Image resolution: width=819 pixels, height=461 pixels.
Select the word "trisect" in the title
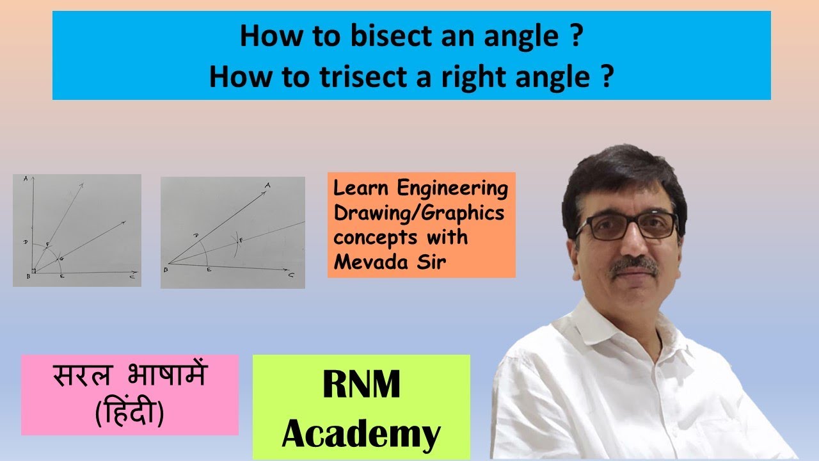368,77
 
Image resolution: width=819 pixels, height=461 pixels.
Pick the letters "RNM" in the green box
362,386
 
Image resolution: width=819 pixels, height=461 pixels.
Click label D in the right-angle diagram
24,243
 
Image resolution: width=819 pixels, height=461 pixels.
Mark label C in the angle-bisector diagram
291,275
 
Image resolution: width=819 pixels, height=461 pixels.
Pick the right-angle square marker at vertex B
34,270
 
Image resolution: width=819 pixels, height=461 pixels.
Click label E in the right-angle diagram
61,277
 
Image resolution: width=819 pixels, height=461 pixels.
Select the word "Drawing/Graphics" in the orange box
419,213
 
